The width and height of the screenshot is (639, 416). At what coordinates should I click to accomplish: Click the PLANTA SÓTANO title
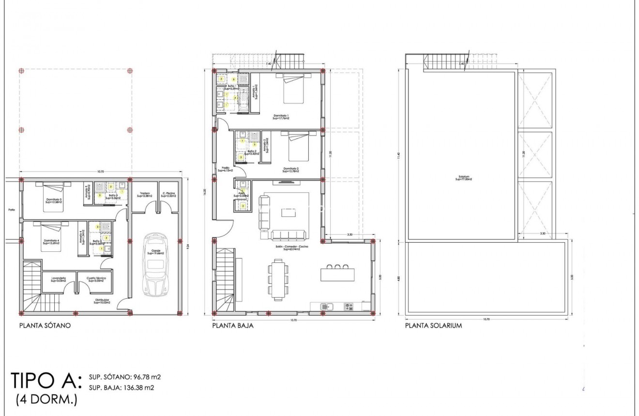(45, 326)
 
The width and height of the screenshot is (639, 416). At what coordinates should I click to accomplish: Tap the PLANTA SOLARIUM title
(433, 326)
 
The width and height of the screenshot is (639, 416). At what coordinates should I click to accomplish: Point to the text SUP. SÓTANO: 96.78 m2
(125, 377)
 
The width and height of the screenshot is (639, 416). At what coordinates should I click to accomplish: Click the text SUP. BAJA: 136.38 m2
(122, 387)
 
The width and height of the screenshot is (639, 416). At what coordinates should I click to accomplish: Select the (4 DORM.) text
(46, 400)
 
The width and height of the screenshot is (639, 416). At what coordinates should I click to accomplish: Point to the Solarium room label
(463, 178)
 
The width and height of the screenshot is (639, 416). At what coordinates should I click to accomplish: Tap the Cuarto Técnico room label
(96, 279)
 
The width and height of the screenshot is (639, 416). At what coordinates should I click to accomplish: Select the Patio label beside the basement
(12, 210)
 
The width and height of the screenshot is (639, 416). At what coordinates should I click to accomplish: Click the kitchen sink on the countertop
(326, 306)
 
